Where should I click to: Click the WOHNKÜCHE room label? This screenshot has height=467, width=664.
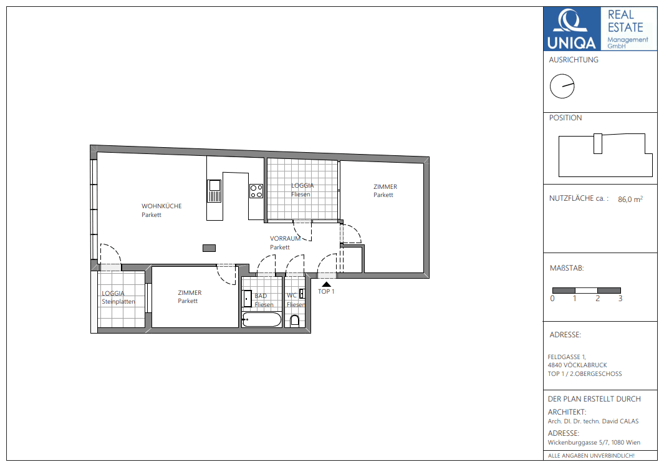[x=161, y=206]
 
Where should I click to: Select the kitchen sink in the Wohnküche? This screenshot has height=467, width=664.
[x=214, y=191]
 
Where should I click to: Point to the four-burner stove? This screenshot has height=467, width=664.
[x=256, y=191]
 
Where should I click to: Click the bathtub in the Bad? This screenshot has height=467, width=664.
[x=261, y=320]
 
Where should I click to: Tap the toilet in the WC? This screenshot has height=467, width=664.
[x=295, y=321]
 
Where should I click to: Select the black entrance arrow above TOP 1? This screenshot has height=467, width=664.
[x=326, y=284]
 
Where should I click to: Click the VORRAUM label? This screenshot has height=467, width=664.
[x=285, y=238]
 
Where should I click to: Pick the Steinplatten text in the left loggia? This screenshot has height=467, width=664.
[x=118, y=301]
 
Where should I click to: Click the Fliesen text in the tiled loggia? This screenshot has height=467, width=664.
[x=301, y=195]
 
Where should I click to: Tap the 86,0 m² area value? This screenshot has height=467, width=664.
[x=630, y=199]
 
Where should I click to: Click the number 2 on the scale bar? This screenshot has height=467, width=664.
[x=597, y=299]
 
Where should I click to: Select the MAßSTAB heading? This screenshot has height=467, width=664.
[x=567, y=268]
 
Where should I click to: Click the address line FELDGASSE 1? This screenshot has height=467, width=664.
[x=567, y=357]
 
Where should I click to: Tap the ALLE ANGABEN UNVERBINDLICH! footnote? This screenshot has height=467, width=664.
[x=591, y=456]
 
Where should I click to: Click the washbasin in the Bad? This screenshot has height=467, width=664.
[x=248, y=299]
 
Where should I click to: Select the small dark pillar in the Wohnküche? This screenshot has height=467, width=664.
[x=209, y=248]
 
